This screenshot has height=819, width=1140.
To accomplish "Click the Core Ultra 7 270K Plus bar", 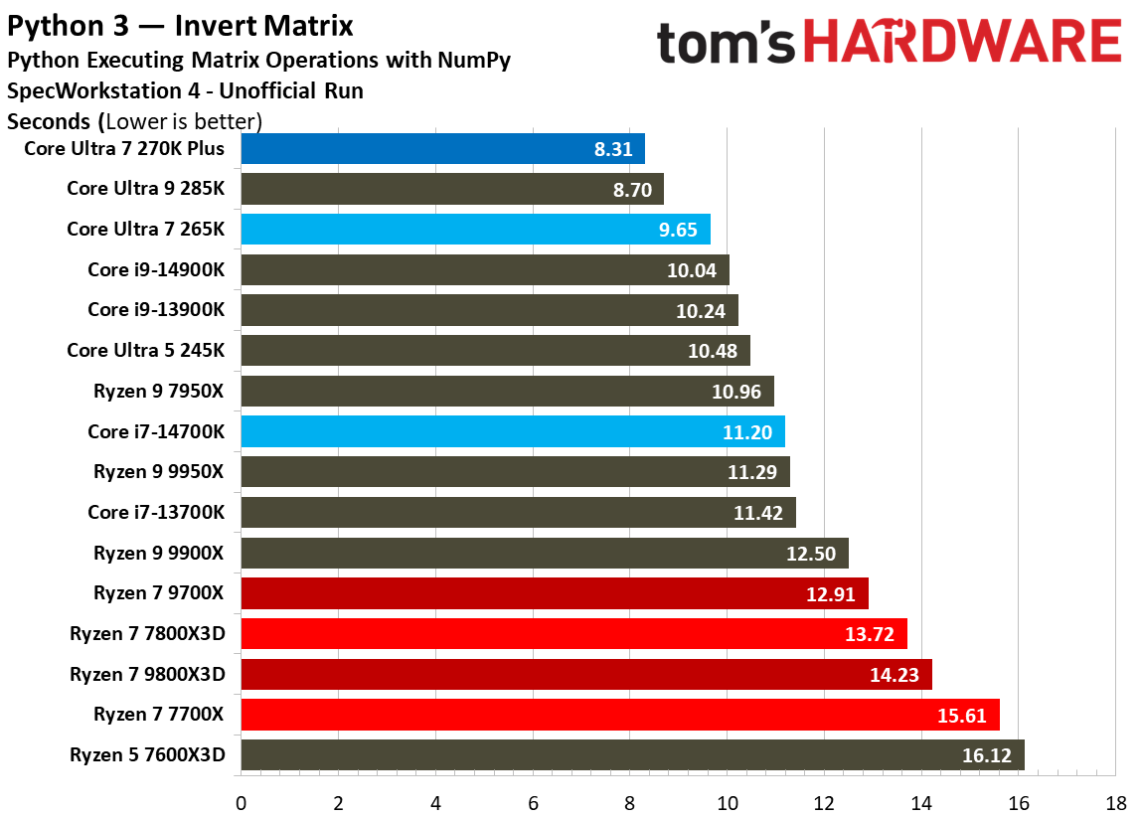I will pyautogui.click(x=442, y=149).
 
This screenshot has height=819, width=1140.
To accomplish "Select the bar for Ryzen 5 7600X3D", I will pyautogui.click(x=632, y=755).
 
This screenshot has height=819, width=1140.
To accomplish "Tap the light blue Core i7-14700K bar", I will pyautogui.click(x=513, y=431).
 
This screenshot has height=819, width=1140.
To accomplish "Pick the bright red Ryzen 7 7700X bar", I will pyautogui.click(x=619, y=715).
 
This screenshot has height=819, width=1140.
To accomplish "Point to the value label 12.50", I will pyautogui.click(x=810, y=554).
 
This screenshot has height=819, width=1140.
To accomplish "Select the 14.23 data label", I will pyautogui.click(x=894, y=675).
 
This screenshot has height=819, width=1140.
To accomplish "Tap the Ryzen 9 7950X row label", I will pyautogui.click(x=159, y=392).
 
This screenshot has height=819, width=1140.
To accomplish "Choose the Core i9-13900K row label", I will pyautogui.click(x=156, y=310).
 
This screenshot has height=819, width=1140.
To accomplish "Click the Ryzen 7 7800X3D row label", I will pyautogui.click(x=147, y=634).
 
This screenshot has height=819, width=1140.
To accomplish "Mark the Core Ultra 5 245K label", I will pyautogui.click(x=146, y=351).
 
